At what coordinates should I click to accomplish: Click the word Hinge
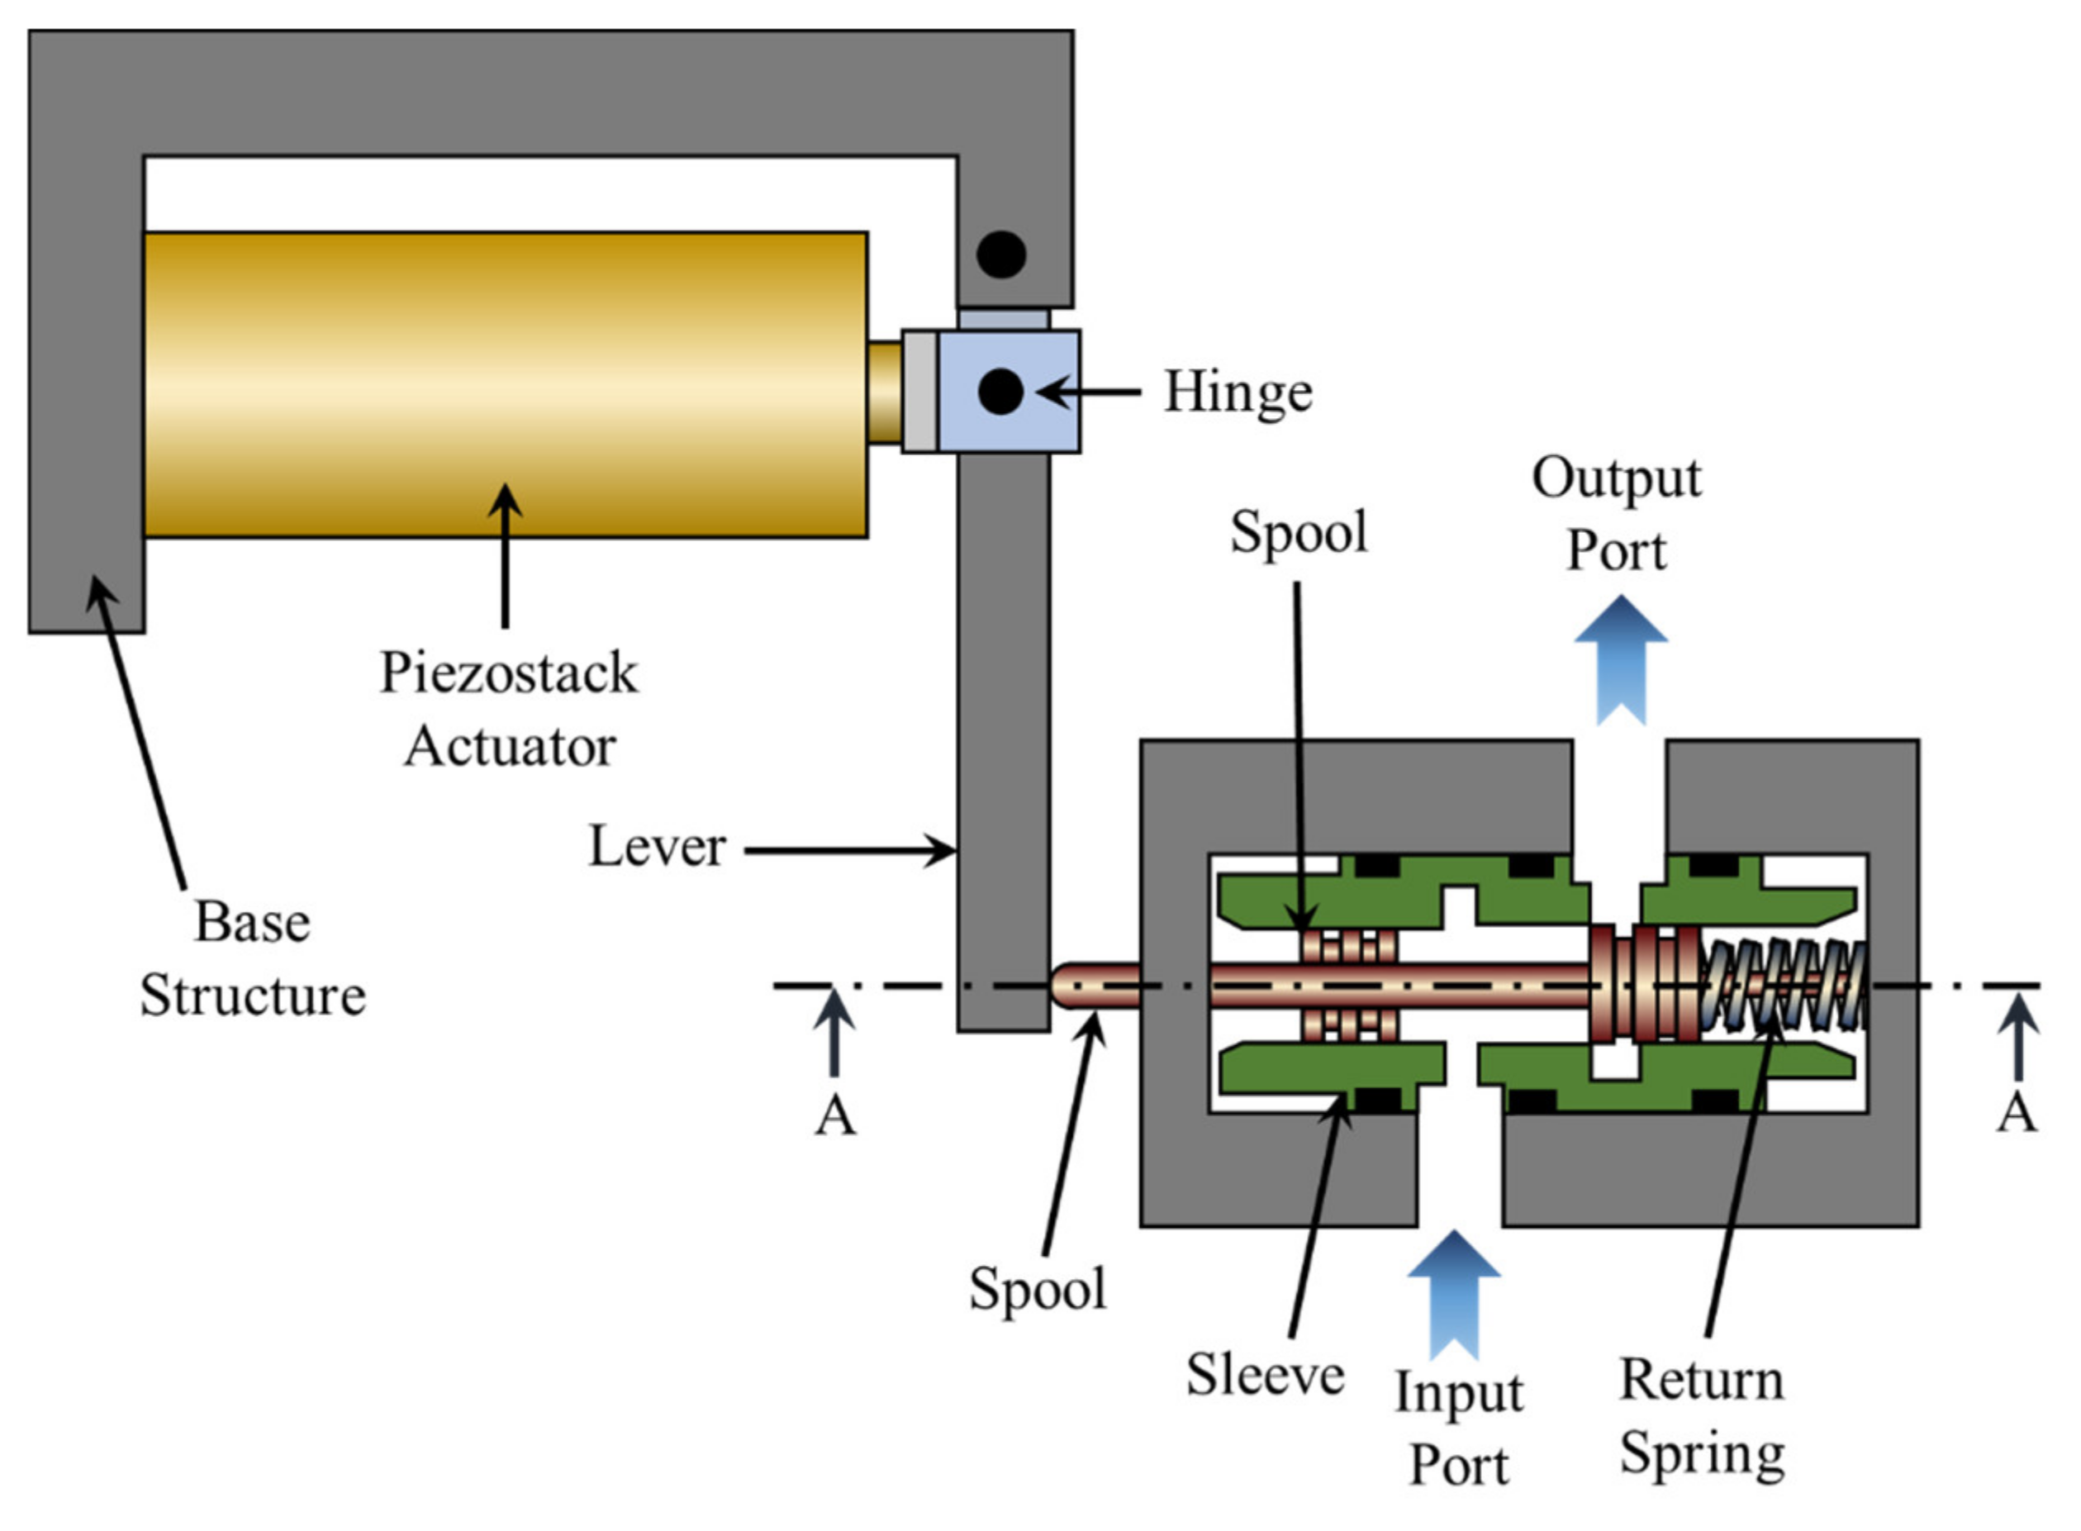1237,392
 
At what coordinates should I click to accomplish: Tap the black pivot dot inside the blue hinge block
1000,391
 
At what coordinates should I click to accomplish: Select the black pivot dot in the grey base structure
1000,254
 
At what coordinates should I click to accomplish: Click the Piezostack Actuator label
509,709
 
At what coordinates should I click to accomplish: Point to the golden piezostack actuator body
505,384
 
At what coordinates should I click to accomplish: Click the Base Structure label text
252,959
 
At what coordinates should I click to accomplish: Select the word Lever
656,847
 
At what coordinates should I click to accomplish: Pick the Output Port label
1616,515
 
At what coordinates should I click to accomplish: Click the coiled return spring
1784,985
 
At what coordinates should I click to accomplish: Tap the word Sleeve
1265,1373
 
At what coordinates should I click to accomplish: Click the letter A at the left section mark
835,1115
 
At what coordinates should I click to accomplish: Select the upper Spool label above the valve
1298,532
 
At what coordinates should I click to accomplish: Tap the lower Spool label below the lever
1037,1288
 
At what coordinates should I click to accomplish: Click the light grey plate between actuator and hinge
919,391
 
